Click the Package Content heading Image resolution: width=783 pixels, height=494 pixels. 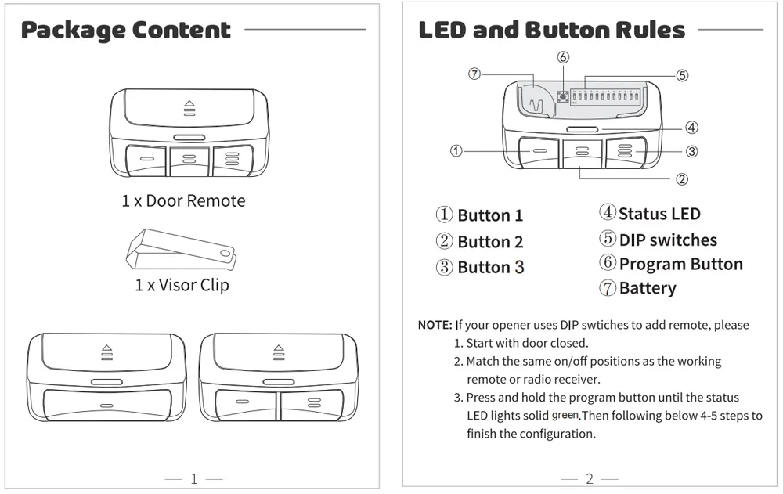click(x=126, y=31)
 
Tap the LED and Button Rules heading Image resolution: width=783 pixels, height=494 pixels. click(x=552, y=31)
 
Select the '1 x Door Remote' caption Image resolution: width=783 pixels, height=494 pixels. click(x=183, y=200)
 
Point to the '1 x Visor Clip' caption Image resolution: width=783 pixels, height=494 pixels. click(x=182, y=285)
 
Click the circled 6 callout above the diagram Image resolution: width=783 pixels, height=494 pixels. click(x=563, y=57)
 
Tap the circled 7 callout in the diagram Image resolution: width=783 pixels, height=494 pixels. click(x=474, y=74)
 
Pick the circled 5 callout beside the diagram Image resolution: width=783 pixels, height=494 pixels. click(x=682, y=76)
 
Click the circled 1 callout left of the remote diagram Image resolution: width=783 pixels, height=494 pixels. click(x=456, y=151)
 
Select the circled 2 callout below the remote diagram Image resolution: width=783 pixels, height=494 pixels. click(x=681, y=179)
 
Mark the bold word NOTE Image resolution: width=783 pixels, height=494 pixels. click(x=435, y=325)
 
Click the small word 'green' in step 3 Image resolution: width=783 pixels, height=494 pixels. click(x=565, y=415)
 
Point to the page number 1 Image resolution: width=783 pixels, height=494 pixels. click(x=194, y=478)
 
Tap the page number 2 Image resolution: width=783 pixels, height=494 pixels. click(x=590, y=478)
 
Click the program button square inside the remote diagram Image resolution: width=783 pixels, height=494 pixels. click(x=562, y=97)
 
